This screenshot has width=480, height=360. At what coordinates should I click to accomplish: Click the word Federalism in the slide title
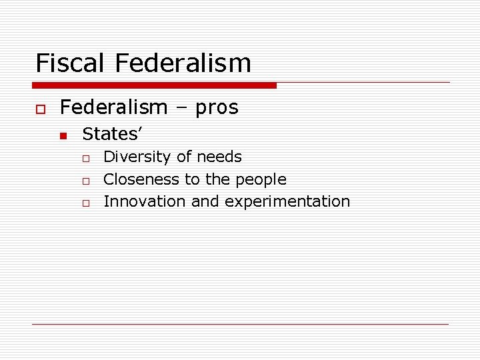(183, 63)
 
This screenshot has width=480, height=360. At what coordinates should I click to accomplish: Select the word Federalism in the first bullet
(113, 107)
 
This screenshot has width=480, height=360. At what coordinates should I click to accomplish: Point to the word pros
(217, 108)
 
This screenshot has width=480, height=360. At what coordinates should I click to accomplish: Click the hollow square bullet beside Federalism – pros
(40, 108)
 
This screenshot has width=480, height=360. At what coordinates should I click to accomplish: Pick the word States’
(111, 134)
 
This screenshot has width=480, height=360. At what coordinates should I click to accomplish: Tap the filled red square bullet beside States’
(63, 136)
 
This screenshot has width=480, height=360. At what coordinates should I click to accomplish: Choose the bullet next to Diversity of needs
(85, 159)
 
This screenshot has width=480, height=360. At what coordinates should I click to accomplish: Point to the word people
(265, 180)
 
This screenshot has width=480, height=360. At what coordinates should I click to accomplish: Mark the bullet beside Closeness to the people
(85, 181)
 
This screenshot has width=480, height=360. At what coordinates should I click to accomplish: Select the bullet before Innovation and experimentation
(85, 203)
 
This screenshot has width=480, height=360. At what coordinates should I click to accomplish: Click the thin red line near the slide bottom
(240, 324)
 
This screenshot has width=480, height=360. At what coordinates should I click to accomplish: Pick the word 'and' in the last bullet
(205, 201)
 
